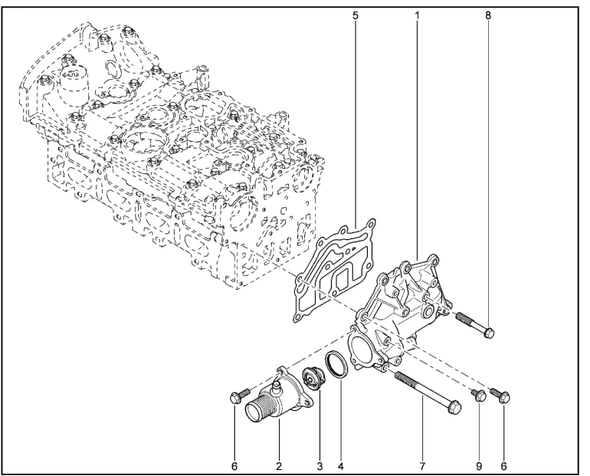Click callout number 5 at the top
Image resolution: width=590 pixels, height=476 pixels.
(356, 15)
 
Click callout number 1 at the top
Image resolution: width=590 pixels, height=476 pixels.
(417, 15)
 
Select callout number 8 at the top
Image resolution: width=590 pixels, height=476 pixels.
(488, 15)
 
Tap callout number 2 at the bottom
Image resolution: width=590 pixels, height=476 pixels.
(279, 467)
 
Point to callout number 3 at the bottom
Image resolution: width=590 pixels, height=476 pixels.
(320, 467)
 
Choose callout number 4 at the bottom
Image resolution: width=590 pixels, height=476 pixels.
(340, 467)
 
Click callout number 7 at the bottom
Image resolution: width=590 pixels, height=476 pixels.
(422, 467)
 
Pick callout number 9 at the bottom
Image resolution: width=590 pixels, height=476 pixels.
(479, 467)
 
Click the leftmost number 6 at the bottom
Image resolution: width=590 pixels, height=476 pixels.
(234, 467)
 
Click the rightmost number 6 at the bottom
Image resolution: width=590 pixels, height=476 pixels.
(504, 467)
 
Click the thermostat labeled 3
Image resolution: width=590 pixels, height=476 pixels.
(313, 379)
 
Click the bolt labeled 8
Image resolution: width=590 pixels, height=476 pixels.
(475, 325)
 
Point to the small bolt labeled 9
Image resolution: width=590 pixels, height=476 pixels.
(478, 395)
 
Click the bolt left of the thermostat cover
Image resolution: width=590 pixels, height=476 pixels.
(239, 396)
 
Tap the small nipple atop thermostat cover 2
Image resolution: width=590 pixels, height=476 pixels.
(277, 386)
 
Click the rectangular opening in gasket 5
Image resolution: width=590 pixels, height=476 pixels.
(345, 281)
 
